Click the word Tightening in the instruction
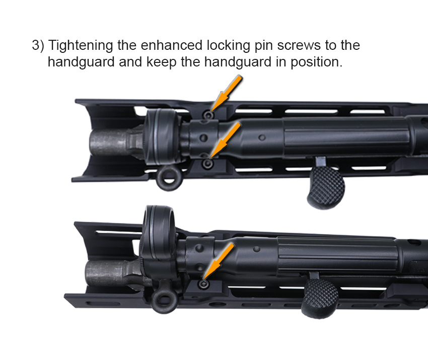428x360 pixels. pos(80,46)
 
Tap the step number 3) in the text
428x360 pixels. pos(38,45)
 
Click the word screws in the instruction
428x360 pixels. pos(299,46)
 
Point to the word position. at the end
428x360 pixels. pos(316,62)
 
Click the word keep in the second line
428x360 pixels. pos(162,62)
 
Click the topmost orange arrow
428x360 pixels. pos(226,93)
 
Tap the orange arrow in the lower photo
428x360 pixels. pos(218,261)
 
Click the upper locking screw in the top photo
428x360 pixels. pos(208,115)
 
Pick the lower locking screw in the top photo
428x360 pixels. pos(208,164)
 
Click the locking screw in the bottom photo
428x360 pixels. pos(203,284)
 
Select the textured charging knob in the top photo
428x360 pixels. pos(326,187)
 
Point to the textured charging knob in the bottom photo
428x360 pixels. pos(320,298)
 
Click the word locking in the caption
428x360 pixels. pos(228,46)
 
